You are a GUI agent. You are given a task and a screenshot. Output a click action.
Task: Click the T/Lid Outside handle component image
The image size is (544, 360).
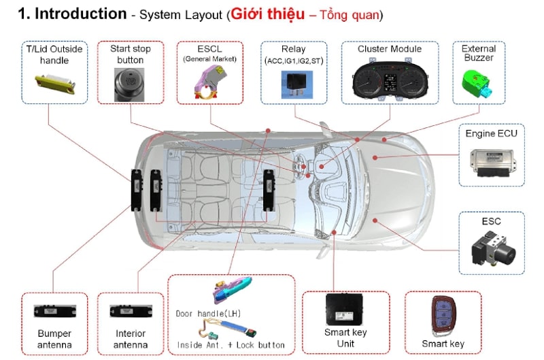54,84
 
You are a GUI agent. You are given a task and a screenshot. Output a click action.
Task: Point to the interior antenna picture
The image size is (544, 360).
131,311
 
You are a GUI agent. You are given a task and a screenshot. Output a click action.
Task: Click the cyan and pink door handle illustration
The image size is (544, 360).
233,291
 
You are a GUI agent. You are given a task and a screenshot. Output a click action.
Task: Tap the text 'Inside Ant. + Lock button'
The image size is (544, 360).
230,345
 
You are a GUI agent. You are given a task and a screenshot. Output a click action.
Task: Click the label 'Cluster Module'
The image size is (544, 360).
389,49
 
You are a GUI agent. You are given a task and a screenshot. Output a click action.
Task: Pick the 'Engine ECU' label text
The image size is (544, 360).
491,133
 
